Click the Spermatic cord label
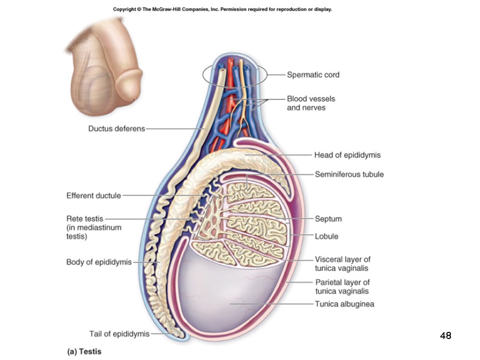[x=313, y=75]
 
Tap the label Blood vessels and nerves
[x=311, y=103]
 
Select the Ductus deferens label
[x=117, y=128]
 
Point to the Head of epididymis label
[x=347, y=155]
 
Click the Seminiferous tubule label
[x=349, y=174]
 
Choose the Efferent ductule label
[x=94, y=195]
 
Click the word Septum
[x=328, y=219]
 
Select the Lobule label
[x=326, y=236]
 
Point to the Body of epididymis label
[x=99, y=262]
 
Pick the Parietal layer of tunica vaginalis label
[x=342, y=287]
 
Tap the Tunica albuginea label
[x=345, y=304]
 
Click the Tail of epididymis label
[x=120, y=334]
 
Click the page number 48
[x=445, y=336]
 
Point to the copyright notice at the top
[x=222, y=9]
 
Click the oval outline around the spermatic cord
[x=204, y=74]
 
